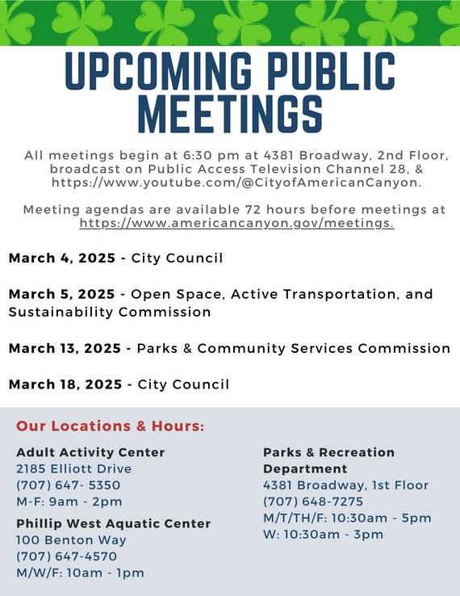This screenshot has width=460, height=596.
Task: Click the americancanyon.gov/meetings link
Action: [x=236, y=224]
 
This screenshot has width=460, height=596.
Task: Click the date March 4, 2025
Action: [x=61, y=258]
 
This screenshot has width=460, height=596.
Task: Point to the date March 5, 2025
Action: [x=61, y=294]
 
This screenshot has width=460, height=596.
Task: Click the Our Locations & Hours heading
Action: [x=110, y=426]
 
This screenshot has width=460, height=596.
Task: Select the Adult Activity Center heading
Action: [x=90, y=452]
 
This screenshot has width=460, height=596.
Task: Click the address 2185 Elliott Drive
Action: [x=73, y=468]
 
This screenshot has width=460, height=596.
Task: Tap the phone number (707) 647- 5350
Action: [x=69, y=485]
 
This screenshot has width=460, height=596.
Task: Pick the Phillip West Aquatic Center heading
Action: [x=113, y=523]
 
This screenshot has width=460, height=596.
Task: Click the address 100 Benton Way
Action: [x=71, y=539]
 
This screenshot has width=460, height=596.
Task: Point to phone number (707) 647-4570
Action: [x=66, y=556]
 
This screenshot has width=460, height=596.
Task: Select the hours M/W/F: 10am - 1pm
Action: [x=79, y=573]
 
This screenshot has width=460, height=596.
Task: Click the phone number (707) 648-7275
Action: [x=313, y=502]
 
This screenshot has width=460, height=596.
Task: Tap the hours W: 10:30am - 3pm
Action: [x=323, y=535]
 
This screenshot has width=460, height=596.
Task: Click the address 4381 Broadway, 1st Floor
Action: [x=345, y=485]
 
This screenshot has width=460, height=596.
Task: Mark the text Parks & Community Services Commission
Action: [x=293, y=349]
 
